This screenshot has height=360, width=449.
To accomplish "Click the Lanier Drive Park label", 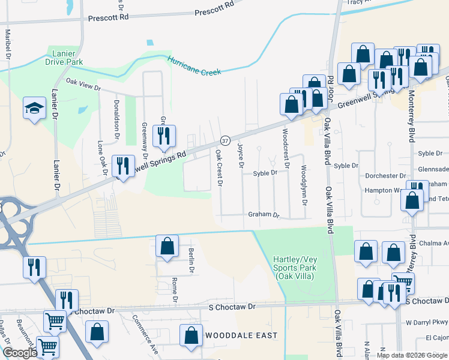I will pos(63,56).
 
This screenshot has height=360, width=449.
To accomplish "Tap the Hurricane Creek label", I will pos(194,66).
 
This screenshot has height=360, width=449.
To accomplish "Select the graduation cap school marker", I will pos(34,109).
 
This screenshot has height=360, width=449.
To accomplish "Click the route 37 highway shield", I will pos(225,140).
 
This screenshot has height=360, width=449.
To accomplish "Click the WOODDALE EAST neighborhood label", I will pos(241,335).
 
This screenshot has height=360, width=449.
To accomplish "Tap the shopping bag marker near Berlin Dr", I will pos(167,246).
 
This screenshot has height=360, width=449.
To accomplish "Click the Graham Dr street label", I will pos(264,215).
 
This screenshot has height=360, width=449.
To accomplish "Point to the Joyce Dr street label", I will pos(241,155).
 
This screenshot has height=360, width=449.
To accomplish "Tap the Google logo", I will pos(20,353).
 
